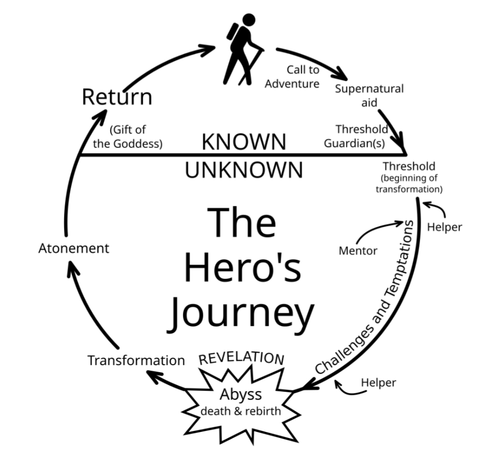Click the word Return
(x=117, y=96)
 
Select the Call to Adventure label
(x=293, y=76)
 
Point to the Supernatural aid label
(x=369, y=95)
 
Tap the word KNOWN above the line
(x=244, y=142)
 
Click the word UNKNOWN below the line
(x=244, y=170)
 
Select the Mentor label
(x=358, y=250)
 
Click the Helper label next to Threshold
(x=444, y=227)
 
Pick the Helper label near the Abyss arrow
(x=379, y=383)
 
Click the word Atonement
(x=74, y=248)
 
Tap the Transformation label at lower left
(x=136, y=360)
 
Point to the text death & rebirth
(x=241, y=411)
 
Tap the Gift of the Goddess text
(x=129, y=136)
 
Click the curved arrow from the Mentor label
(x=377, y=229)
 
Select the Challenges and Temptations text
(x=369, y=296)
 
